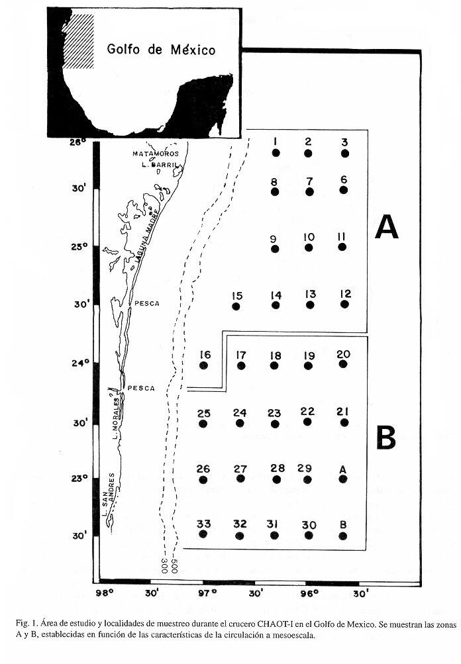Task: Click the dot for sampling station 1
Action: pyautogui.click(x=276, y=153)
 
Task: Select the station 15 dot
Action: pyautogui.click(x=236, y=306)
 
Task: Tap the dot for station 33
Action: pyautogui.click(x=203, y=534)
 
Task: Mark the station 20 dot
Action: pyautogui.click(x=343, y=363)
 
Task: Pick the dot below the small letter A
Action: pyautogui.click(x=343, y=479)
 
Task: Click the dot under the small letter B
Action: pyautogui.click(x=343, y=536)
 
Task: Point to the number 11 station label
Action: pyautogui.click(x=342, y=236)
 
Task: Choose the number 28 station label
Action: pyautogui.click(x=278, y=468)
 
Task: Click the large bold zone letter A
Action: pyautogui.click(x=387, y=227)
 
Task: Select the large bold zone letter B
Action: pyautogui.click(x=386, y=438)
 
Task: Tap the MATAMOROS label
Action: pyautogui.click(x=156, y=154)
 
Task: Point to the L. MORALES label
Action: pyautogui.click(x=117, y=418)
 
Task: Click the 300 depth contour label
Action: pyautogui.click(x=164, y=565)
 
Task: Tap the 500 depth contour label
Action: pyautogui.click(x=174, y=565)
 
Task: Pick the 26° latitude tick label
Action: pyautogui.click(x=78, y=143)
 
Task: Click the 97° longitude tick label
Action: pyautogui.click(x=207, y=593)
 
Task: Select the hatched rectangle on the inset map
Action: pyautogui.click(x=78, y=42)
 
